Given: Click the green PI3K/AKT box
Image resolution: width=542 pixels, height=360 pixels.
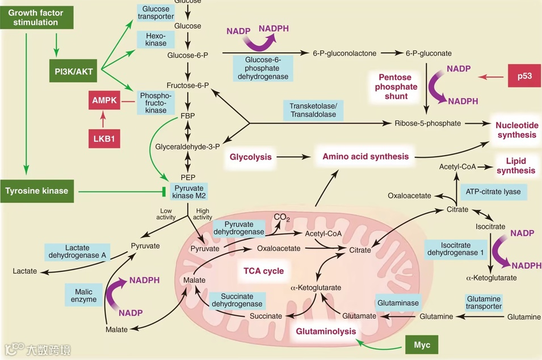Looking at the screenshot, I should point(74,72).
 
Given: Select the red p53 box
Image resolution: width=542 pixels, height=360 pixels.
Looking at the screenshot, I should point(524,76).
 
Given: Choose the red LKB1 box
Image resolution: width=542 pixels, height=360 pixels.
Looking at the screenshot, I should point(103,138).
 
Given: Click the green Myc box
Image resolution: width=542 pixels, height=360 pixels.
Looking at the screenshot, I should point(422,345).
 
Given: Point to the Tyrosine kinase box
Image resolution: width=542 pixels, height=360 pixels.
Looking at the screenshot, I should point(36,191).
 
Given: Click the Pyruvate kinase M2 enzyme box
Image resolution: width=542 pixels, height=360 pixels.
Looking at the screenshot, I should point(188,191).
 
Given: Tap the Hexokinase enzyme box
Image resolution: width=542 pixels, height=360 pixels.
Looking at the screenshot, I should point(155,39).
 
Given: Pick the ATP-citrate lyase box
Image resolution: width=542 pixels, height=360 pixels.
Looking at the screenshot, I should point(493,191).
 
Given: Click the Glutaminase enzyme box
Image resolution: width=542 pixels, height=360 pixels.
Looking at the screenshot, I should point(398,303).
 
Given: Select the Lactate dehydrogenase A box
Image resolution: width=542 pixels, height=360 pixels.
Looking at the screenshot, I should point(77,252).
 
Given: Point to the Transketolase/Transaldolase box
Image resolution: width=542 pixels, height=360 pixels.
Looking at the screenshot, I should point(313,110).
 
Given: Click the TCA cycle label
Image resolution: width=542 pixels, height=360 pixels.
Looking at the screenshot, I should point(263,271).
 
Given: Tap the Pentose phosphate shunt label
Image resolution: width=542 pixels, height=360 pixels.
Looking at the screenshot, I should point(396,86).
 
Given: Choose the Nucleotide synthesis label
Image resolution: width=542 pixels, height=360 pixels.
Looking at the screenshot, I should point(516,130).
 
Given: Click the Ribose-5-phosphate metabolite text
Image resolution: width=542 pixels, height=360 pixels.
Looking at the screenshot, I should point(427,123).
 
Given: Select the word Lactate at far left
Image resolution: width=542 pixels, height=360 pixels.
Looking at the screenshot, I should point(24,271).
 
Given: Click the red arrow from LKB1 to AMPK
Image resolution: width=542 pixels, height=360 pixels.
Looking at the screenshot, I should point(103,119).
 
